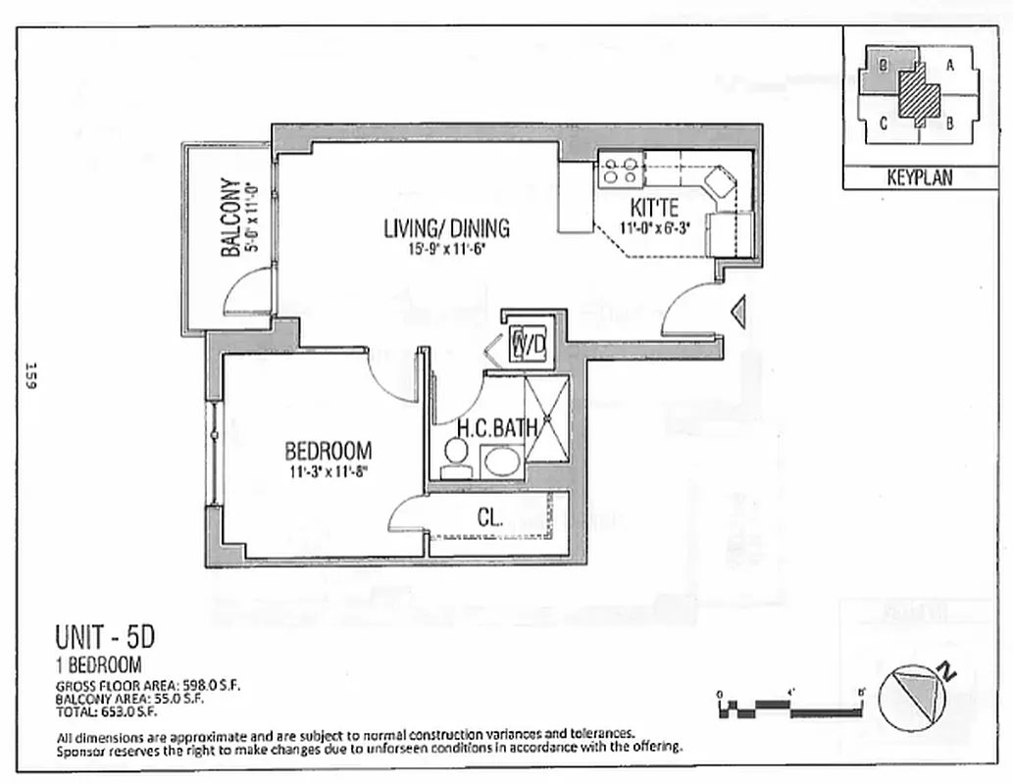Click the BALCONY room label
tap(231, 217)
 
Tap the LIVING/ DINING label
tap(446, 228)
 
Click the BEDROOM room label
tap(328, 452)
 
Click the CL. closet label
tap(490, 517)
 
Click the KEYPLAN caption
tap(919, 178)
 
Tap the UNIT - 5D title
tap(105, 638)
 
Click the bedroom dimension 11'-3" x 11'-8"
tap(328, 472)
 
